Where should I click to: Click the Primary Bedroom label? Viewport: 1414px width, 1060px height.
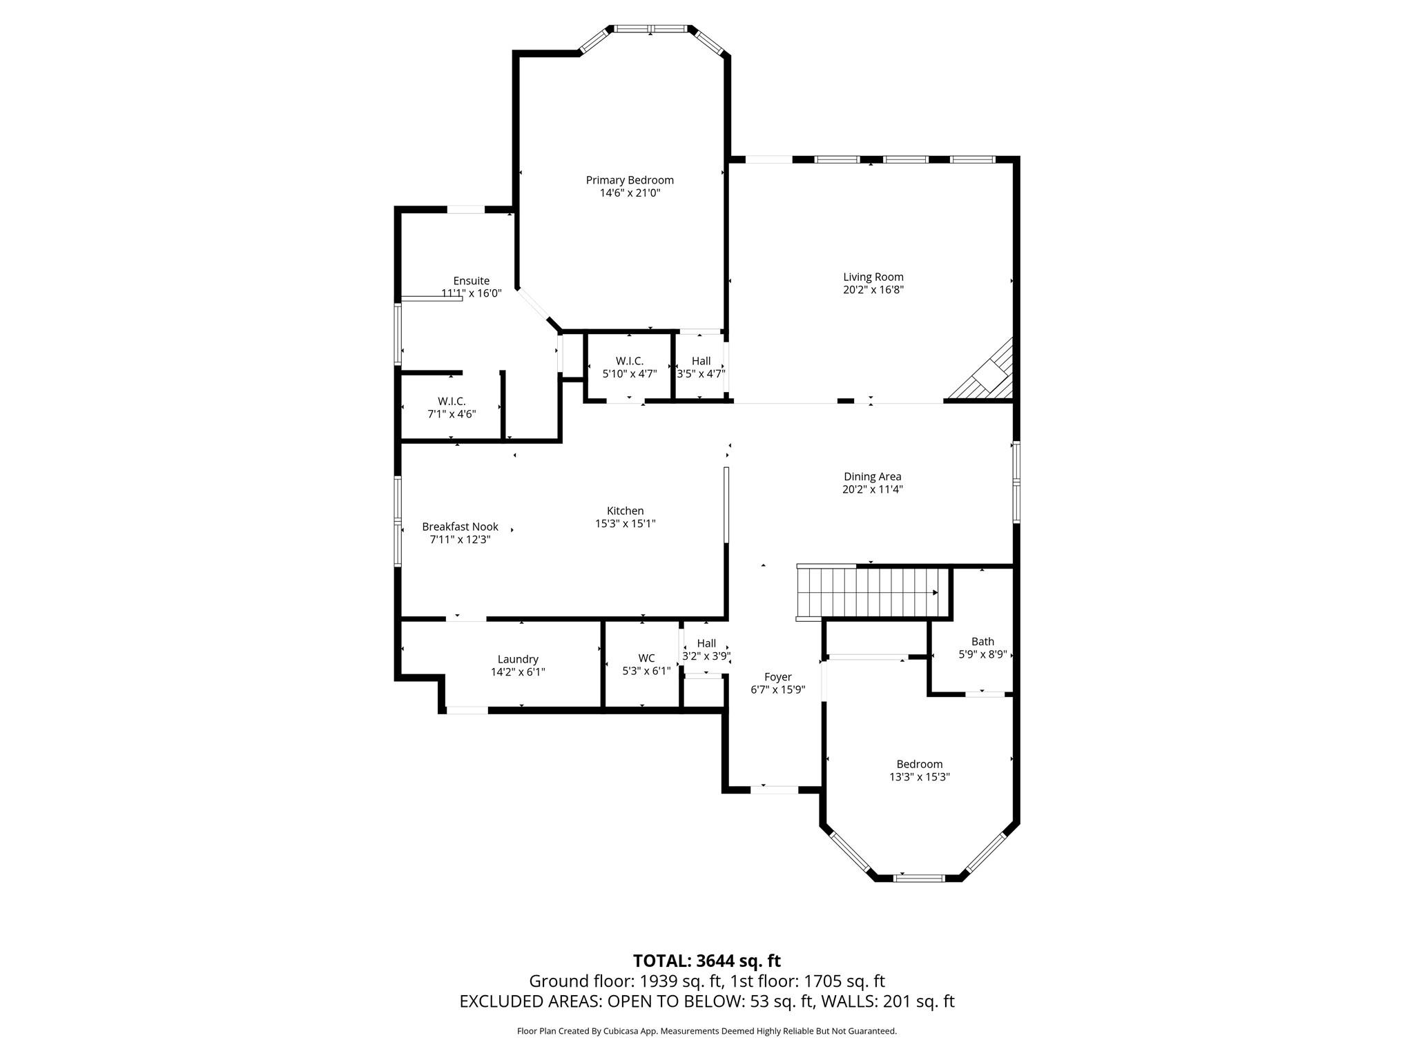[x=630, y=180]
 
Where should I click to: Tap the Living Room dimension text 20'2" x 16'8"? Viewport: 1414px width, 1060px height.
[x=873, y=291]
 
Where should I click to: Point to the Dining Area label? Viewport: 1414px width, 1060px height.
[x=872, y=476]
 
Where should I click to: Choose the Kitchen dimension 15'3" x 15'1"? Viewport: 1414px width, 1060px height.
[x=625, y=524]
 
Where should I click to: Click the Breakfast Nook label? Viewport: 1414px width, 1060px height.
[x=460, y=527]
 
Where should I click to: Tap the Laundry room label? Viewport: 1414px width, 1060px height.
[x=518, y=659]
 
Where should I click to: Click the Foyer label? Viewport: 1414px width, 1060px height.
[x=777, y=677]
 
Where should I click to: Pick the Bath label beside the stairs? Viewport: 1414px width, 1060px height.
[x=982, y=642]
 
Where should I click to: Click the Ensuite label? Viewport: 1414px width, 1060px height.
[x=471, y=281]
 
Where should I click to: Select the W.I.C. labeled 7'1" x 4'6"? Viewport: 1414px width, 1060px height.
[x=452, y=408]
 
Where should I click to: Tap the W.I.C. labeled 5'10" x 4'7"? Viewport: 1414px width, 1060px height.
[x=629, y=367]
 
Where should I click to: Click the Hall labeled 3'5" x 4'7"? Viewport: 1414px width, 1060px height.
[x=701, y=367]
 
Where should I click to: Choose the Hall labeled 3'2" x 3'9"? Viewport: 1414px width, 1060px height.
[x=706, y=650]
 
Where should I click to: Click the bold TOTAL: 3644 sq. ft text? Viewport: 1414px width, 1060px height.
[x=706, y=961]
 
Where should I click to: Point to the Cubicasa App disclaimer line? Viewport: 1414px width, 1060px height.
[x=706, y=1031]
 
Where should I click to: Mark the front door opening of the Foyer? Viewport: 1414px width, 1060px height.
[x=774, y=789]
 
